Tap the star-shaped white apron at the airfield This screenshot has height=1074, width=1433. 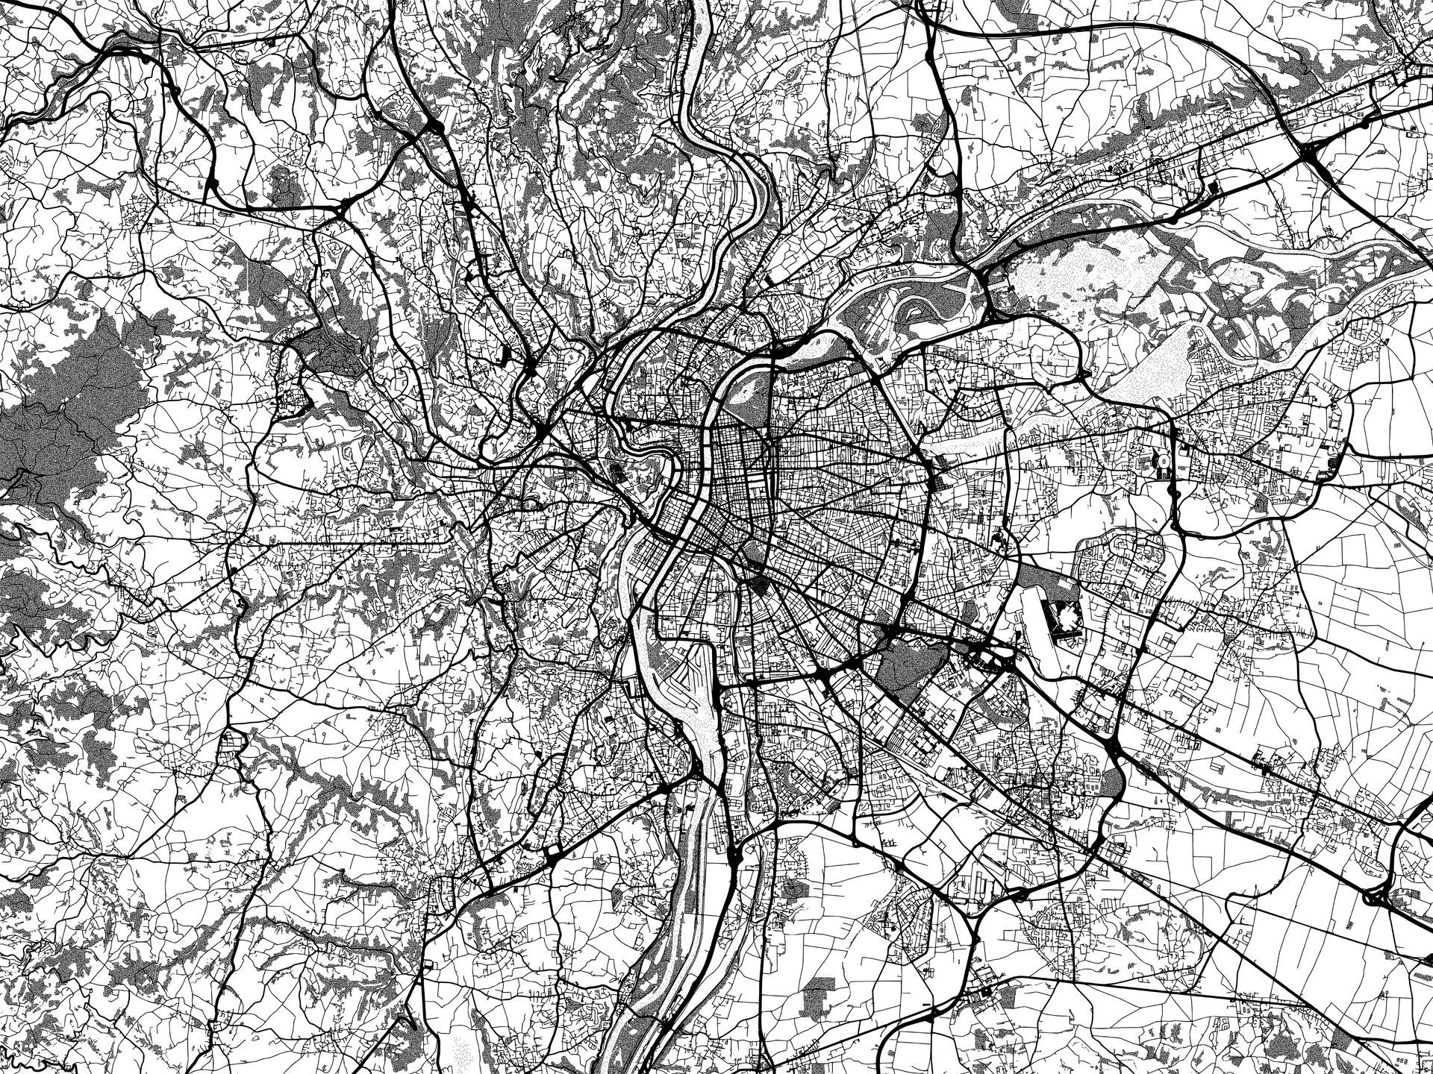[1066, 616]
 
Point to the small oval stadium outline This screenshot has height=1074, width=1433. [1161, 463]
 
